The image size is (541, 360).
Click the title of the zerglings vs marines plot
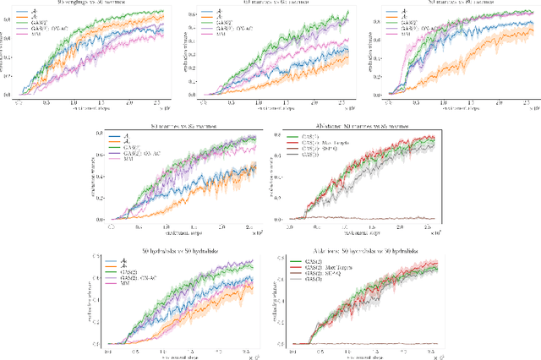[85, 3]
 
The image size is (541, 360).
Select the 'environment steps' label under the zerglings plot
[85, 109]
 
